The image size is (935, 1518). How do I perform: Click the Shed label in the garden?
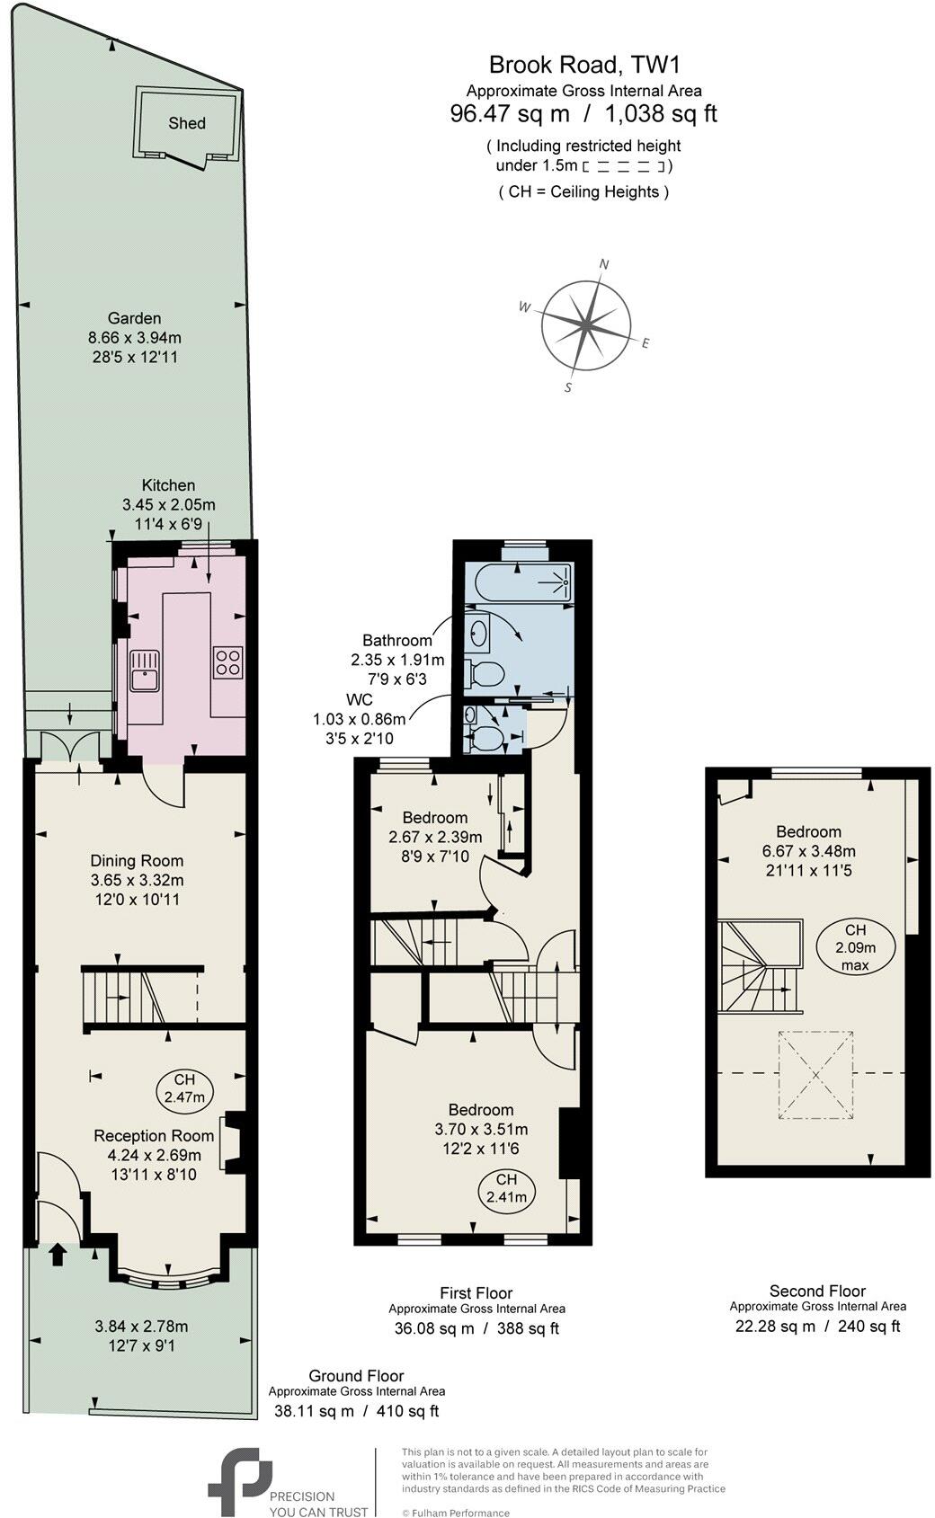point(187,123)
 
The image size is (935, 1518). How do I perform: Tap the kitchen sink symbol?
point(144,670)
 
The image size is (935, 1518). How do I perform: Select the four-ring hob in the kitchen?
point(227,662)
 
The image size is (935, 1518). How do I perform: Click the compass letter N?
point(605,264)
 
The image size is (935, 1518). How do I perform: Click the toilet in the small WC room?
point(486,739)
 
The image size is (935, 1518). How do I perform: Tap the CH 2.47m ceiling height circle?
point(184,1088)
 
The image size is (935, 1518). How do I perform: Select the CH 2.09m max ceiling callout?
point(855,947)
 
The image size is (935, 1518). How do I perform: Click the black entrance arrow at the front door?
point(58,1254)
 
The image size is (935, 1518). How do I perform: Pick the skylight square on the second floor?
point(815,1075)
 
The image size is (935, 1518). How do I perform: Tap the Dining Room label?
point(137,861)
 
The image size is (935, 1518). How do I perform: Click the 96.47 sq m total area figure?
point(510,114)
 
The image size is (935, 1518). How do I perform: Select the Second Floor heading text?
point(817,1291)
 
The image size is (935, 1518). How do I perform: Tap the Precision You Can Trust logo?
point(241,1481)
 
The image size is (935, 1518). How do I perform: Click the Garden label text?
point(134,318)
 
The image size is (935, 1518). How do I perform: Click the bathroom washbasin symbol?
point(476,634)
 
